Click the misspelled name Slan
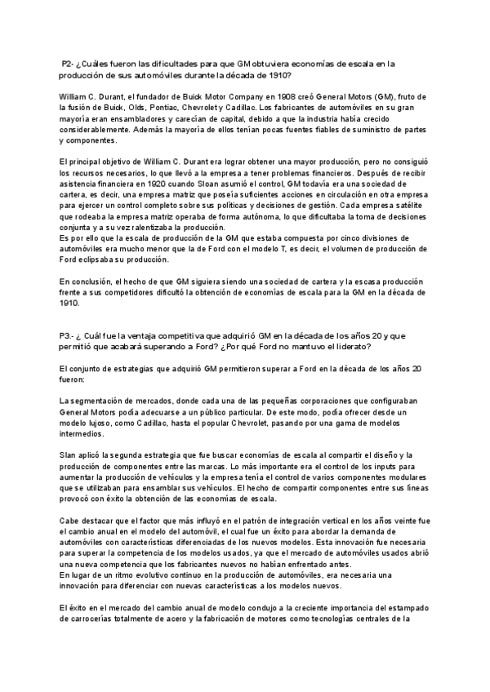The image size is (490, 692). coord(69,455)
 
